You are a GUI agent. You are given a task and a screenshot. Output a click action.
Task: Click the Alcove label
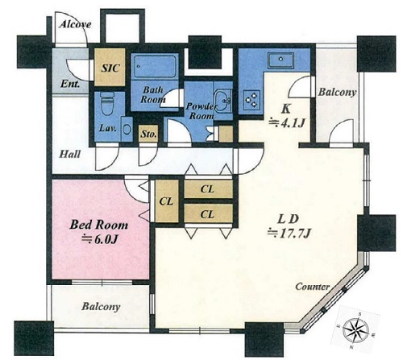(x=75, y=24)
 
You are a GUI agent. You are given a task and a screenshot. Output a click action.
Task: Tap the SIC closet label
(x=110, y=68)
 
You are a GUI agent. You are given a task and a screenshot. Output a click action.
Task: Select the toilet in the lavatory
(x=107, y=104)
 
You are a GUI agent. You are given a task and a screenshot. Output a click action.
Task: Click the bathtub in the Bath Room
(x=155, y=66)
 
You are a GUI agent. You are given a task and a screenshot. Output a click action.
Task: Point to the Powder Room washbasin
(x=222, y=101)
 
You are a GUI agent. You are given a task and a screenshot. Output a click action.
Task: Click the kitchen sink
(x=280, y=59)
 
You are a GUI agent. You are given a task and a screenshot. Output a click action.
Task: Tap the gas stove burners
(x=251, y=99)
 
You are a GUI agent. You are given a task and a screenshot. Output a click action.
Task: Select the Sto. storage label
(x=148, y=134)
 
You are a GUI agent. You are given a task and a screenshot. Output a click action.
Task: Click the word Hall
(x=69, y=155)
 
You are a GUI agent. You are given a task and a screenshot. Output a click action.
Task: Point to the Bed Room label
(x=98, y=225)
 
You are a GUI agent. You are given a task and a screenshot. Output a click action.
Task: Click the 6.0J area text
(x=100, y=239)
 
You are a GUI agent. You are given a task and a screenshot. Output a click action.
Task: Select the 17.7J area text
(x=289, y=234)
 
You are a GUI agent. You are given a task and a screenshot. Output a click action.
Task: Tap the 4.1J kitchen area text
(x=287, y=123)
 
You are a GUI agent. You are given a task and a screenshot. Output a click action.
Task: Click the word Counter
(x=312, y=287)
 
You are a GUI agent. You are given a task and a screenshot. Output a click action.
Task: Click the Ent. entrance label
(x=70, y=84)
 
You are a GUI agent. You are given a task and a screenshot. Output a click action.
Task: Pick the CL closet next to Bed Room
(x=167, y=201)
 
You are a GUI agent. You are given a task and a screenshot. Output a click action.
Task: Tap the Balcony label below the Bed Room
(x=101, y=306)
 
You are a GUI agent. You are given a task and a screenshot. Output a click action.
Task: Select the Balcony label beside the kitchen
(x=337, y=92)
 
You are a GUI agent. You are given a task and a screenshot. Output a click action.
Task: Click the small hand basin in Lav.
(x=127, y=129)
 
